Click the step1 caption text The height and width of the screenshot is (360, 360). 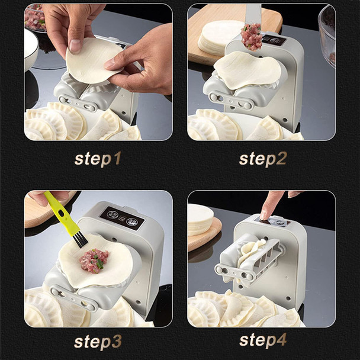pyautogui.click(x=98, y=159)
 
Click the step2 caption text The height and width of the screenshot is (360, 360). pyautogui.click(x=262, y=159)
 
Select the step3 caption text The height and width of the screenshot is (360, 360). pyautogui.click(x=98, y=342)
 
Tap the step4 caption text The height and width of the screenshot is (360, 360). pyautogui.click(x=262, y=340)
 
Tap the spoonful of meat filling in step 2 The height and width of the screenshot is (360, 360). pyautogui.click(x=252, y=37)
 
